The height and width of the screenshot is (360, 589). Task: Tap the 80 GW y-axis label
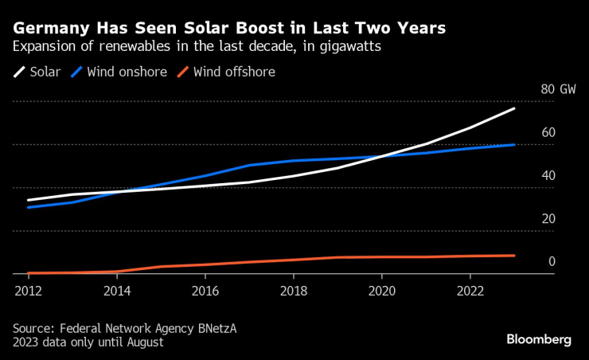(x=558, y=89)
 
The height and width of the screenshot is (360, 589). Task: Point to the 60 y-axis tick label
(x=548, y=132)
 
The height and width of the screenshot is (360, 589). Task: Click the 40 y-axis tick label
(x=548, y=175)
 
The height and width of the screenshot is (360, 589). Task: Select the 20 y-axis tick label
(x=548, y=218)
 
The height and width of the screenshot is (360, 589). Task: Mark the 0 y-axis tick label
(x=551, y=261)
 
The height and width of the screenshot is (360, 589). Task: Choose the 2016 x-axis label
(x=205, y=290)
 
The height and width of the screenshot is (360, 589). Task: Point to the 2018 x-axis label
(x=293, y=290)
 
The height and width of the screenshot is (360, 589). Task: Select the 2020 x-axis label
(x=382, y=290)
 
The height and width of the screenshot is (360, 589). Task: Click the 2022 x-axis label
(x=470, y=290)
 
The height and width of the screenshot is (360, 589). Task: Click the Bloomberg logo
(x=539, y=339)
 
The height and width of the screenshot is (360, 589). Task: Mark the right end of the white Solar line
(x=514, y=108)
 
